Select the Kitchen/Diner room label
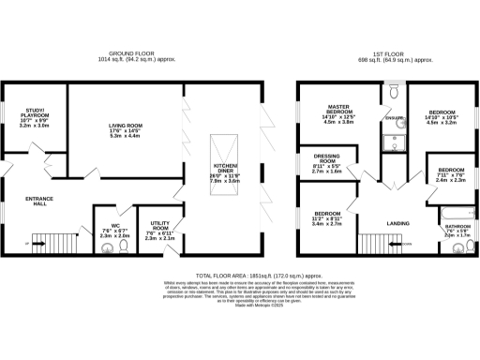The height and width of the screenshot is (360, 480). coord(226,172)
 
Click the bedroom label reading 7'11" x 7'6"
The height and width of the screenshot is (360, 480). coord(446,174)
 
